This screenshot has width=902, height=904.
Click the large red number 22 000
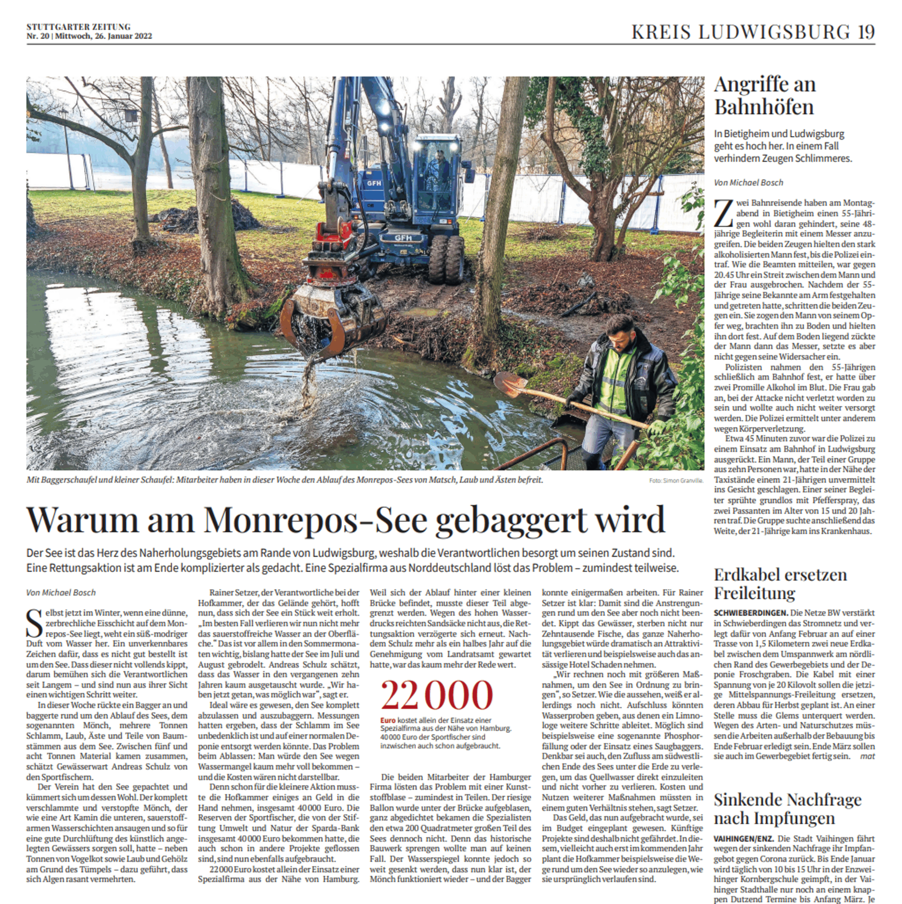(437, 696)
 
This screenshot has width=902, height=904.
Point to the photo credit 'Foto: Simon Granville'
(676, 481)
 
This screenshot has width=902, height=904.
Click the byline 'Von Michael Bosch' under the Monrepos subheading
(61, 593)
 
